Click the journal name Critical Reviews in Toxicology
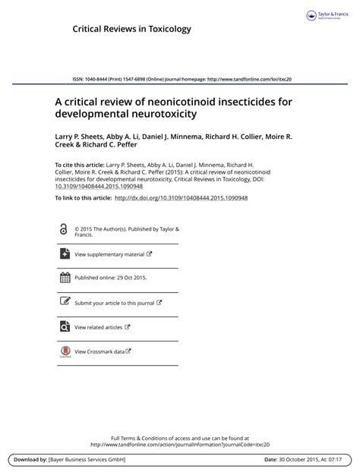coord(131,29)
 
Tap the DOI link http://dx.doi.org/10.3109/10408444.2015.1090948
coord(181,198)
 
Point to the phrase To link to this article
coord(83,198)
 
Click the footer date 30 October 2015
coord(301,460)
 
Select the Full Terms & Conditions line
coord(180,438)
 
